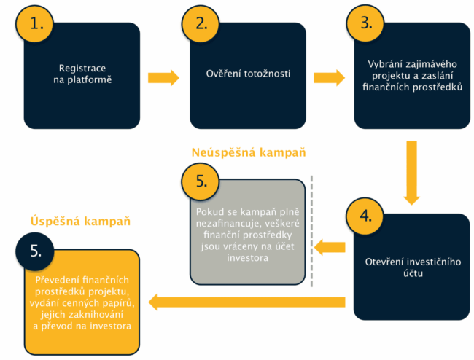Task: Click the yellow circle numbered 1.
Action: [35, 23]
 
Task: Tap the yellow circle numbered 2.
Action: [201, 23]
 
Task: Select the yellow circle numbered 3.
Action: [365, 23]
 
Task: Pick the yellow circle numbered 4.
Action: [365, 216]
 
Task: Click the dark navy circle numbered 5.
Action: [35, 251]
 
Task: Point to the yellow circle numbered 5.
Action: [201, 181]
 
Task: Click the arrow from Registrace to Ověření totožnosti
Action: [163, 78]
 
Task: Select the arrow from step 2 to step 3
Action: [329, 78]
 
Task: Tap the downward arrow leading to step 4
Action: [411, 173]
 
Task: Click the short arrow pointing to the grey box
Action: [330, 247]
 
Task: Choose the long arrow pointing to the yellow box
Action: [246, 302]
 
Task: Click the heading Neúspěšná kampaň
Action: [249, 152]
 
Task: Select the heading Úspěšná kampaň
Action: [80, 221]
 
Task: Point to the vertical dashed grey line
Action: [311, 231]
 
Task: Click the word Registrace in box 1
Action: [82, 69]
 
